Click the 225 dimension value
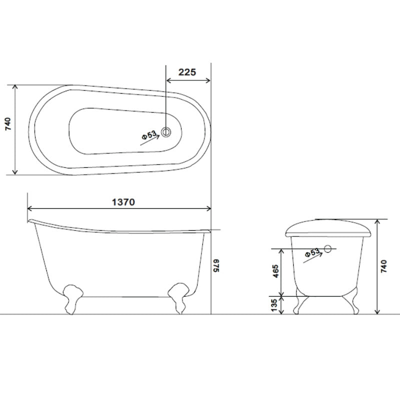186,71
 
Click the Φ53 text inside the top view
149,134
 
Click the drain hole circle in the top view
166,132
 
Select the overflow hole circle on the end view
328,248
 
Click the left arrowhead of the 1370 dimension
30,208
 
